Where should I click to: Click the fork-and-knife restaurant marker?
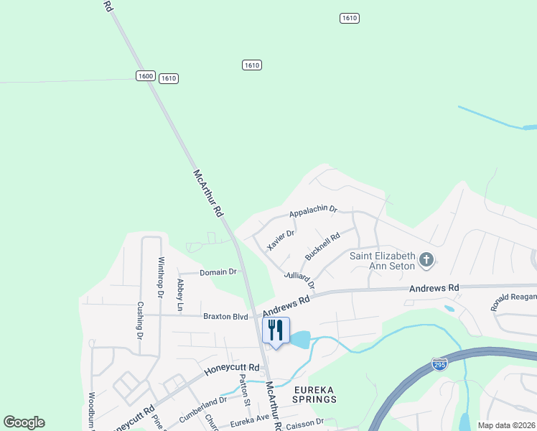pos(276,331)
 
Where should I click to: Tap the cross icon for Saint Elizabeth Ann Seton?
pos(426,259)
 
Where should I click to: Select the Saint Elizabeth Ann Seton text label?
pos(382,261)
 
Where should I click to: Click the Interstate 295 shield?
pos(439,363)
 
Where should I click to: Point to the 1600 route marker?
pos(146,75)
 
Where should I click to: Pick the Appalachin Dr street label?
pos(312,211)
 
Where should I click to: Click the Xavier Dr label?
pos(281,239)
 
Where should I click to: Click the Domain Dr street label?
pos(218,272)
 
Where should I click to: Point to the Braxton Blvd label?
pos(225,316)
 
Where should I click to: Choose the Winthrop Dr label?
pos(161,277)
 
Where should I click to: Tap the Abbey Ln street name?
pos(180,295)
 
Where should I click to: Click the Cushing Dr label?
pos(140,318)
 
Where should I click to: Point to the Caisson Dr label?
pos(305,422)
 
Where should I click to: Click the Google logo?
pos(24,422)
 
